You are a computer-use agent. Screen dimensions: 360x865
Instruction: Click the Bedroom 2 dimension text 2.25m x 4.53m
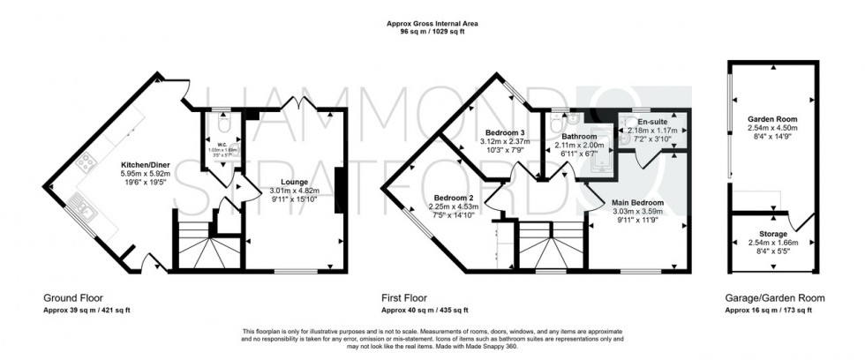[456, 207]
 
